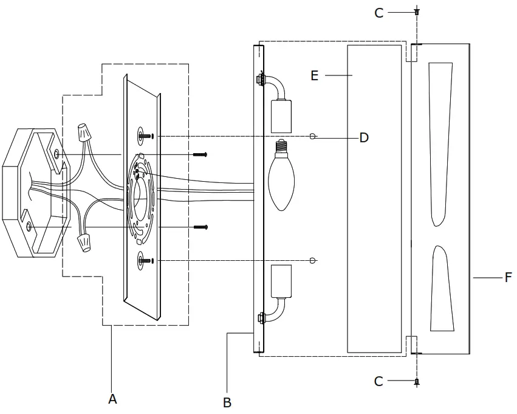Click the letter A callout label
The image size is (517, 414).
pyautogui.click(x=112, y=399)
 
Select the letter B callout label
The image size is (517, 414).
pyautogui.click(x=227, y=402)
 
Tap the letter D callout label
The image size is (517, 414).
pyautogui.click(x=364, y=138)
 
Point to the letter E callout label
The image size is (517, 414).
pyautogui.click(x=314, y=75)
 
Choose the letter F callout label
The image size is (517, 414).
pyautogui.click(x=508, y=278)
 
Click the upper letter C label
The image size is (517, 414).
pyautogui.click(x=378, y=13)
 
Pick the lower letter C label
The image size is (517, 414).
pyautogui.click(x=378, y=381)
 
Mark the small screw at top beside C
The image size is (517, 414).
pyautogui.click(x=417, y=12)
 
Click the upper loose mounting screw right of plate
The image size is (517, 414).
pyautogui.click(x=200, y=155)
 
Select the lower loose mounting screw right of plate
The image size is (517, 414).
pyautogui.click(x=200, y=227)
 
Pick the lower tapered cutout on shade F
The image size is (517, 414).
pyautogui.click(x=442, y=289)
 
